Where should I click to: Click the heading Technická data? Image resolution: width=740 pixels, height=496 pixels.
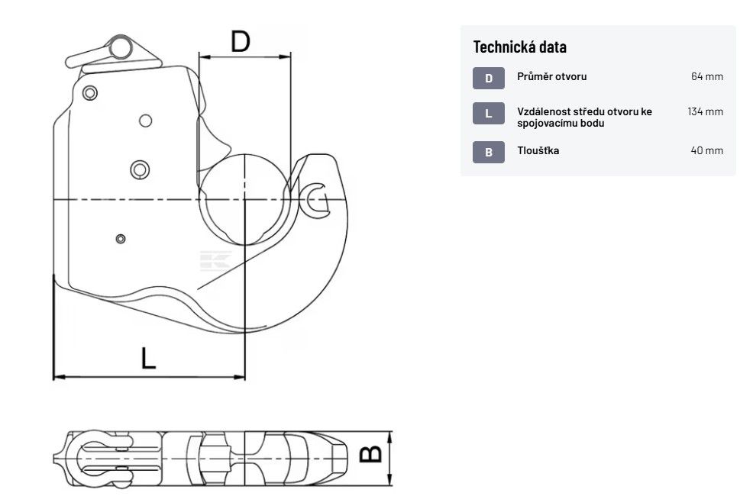(x=519, y=47)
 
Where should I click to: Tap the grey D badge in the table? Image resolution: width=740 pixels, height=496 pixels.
(x=489, y=78)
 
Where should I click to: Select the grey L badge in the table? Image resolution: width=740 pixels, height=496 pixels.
(x=489, y=113)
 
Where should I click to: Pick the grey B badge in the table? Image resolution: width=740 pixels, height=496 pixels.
(x=489, y=152)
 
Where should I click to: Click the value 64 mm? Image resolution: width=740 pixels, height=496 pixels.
(x=707, y=76)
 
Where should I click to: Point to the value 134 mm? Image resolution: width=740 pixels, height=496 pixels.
(x=705, y=111)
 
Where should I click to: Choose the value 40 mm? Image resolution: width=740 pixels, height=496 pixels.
(x=707, y=150)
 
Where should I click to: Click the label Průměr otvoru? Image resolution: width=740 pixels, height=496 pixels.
(x=551, y=76)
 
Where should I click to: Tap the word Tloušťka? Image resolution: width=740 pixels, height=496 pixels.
(x=538, y=150)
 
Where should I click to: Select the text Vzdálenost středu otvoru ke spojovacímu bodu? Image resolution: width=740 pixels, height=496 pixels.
(x=584, y=118)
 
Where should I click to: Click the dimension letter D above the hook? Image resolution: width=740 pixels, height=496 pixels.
(x=241, y=41)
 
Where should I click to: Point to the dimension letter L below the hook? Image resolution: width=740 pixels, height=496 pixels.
(x=148, y=358)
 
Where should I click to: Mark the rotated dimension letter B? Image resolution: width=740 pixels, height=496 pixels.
(x=371, y=453)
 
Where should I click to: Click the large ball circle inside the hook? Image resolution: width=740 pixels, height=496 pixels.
(x=244, y=199)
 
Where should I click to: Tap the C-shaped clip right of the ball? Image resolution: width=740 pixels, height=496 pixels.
(x=315, y=201)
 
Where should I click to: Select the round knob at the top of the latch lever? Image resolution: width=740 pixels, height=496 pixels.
(x=121, y=47)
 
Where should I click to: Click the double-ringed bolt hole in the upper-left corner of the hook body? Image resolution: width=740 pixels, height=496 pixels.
(x=89, y=93)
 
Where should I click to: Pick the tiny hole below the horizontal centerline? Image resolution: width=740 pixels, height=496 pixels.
(x=121, y=239)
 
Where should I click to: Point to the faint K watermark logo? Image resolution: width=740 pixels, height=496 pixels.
(x=215, y=261)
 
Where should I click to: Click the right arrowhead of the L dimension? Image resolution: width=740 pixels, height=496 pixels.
(x=241, y=377)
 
